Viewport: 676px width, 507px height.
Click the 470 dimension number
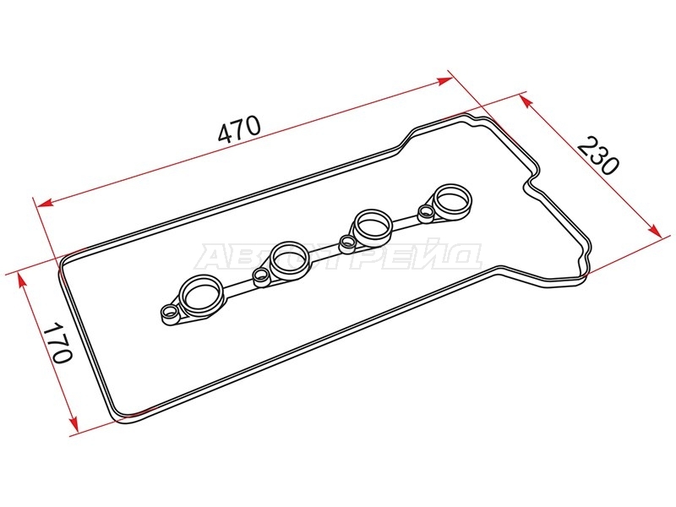(x=239, y=128)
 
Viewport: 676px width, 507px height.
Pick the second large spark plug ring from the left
(x=289, y=260)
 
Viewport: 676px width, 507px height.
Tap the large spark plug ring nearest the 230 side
(x=453, y=200)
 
